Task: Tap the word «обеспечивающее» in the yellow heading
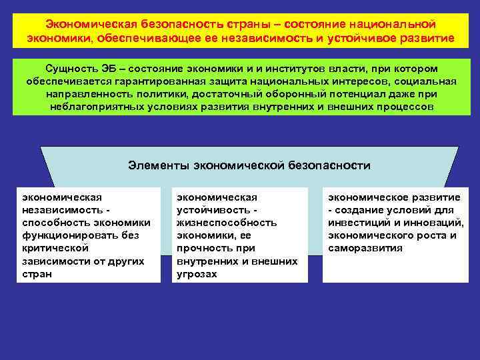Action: [x=171, y=37]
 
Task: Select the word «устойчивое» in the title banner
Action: [x=360, y=37]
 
